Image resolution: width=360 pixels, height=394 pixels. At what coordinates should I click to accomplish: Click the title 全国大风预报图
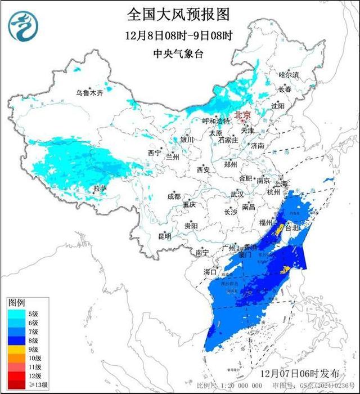tap(179, 14)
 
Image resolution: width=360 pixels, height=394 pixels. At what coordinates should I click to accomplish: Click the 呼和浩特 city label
tap(216, 121)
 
